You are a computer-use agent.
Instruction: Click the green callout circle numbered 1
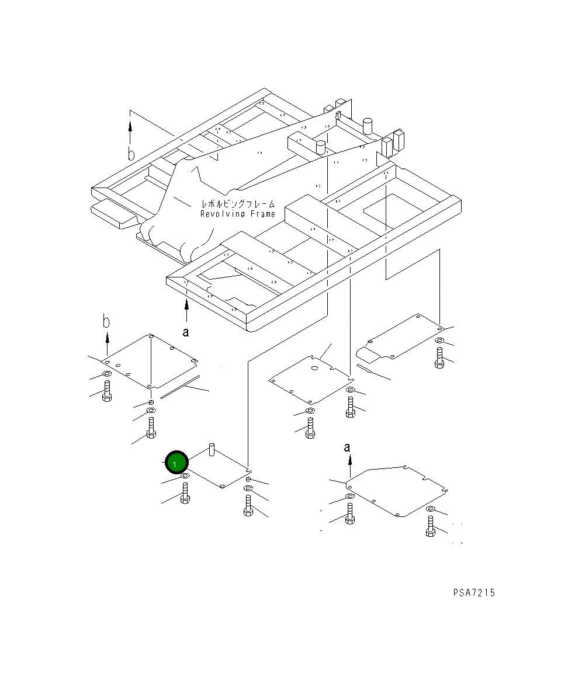pyautogui.click(x=176, y=463)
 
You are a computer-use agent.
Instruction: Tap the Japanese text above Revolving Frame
pyautogui.click(x=238, y=205)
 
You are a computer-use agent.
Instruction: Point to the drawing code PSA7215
pyautogui.click(x=473, y=593)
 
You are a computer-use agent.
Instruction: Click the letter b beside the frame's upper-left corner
pyautogui.click(x=131, y=155)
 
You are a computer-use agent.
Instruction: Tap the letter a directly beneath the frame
pyautogui.click(x=186, y=332)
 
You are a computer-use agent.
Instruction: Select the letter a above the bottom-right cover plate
pyautogui.click(x=347, y=447)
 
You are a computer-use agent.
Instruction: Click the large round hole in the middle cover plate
pyautogui.click(x=314, y=369)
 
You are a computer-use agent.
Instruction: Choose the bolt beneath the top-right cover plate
pyautogui.click(x=439, y=357)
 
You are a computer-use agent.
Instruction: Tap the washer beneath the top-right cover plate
pyautogui.click(x=439, y=340)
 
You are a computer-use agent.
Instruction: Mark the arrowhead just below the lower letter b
pyautogui.click(x=107, y=337)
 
